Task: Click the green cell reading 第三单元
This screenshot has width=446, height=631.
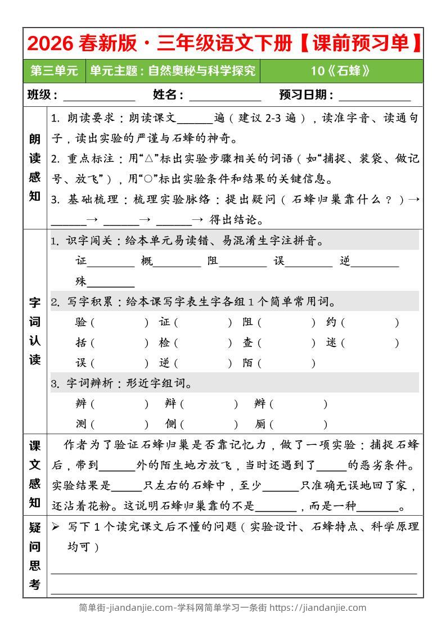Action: pyautogui.click(x=54, y=71)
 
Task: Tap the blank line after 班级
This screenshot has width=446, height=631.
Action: pyautogui.click(x=103, y=96)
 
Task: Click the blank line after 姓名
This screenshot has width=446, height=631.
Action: pyautogui.click(x=225, y=96)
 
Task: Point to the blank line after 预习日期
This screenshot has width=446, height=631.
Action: pyautogui.click(x=375, y=96)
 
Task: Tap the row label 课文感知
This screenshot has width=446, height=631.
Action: pyautogui.click(x=35, y=474)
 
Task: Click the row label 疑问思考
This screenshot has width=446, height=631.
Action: pyautogui.click(x=35, y=556)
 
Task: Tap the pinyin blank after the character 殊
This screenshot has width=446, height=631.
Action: pyautogui.click(x=111, y=282)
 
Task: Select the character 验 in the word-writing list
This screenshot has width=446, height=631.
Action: pyautogui.click(x=81, y=322)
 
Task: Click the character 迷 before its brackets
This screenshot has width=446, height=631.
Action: pyautogui.click(x=331, y=342)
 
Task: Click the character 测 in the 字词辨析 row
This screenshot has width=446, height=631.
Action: pyautogui.click(x=81, y=424)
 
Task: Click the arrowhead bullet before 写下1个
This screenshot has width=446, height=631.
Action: pyautogui.click(x=56, y=527)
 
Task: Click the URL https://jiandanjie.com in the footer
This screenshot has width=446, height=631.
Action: pyautogui.click(x=318, y=607)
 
